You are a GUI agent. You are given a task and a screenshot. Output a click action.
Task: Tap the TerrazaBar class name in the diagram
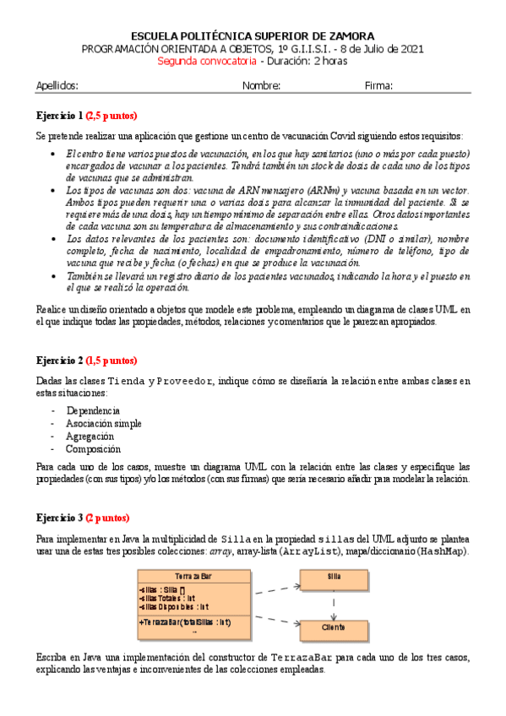[193, 575]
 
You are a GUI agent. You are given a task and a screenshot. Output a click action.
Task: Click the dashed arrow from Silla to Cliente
[335, 603]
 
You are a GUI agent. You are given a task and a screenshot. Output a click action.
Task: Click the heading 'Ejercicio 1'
[59, 116]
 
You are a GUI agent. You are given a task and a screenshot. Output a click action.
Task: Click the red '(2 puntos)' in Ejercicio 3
[108, 517]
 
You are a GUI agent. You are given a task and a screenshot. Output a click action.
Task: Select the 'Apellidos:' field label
[57, 85]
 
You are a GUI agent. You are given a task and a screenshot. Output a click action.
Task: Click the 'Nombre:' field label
[261, 85]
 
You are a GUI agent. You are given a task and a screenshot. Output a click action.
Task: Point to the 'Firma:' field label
[378, 85]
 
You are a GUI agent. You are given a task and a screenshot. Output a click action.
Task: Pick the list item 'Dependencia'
[92, 410]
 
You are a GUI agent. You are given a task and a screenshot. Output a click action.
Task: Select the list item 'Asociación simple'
[104, 424]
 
